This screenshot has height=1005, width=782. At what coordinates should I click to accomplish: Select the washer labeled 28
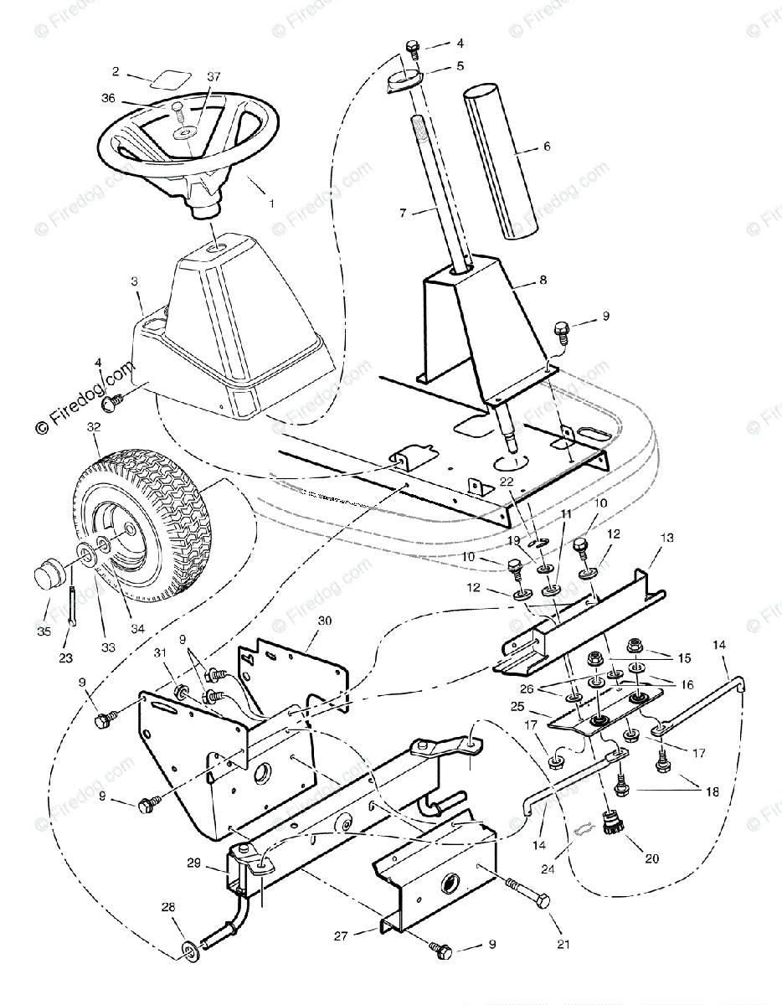point(190,950)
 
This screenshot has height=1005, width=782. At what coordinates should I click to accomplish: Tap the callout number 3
point(135,283)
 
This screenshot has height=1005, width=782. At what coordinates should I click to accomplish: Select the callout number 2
point(116,72)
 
